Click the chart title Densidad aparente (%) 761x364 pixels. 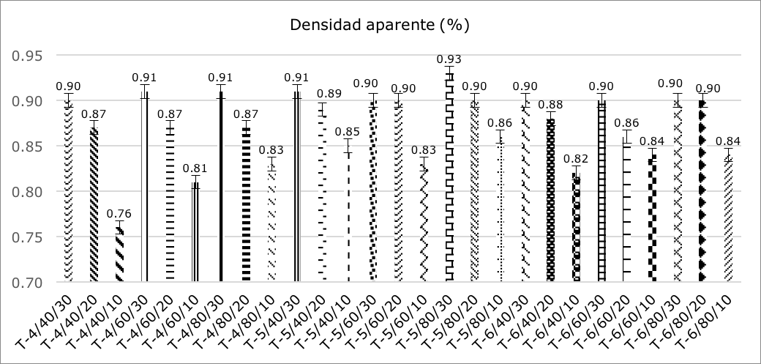(x=379, y=25)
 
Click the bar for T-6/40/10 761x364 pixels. (x=576, y=228)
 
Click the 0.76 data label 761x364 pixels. (x=119, y=215)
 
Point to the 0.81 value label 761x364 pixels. (x=195, y=168)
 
